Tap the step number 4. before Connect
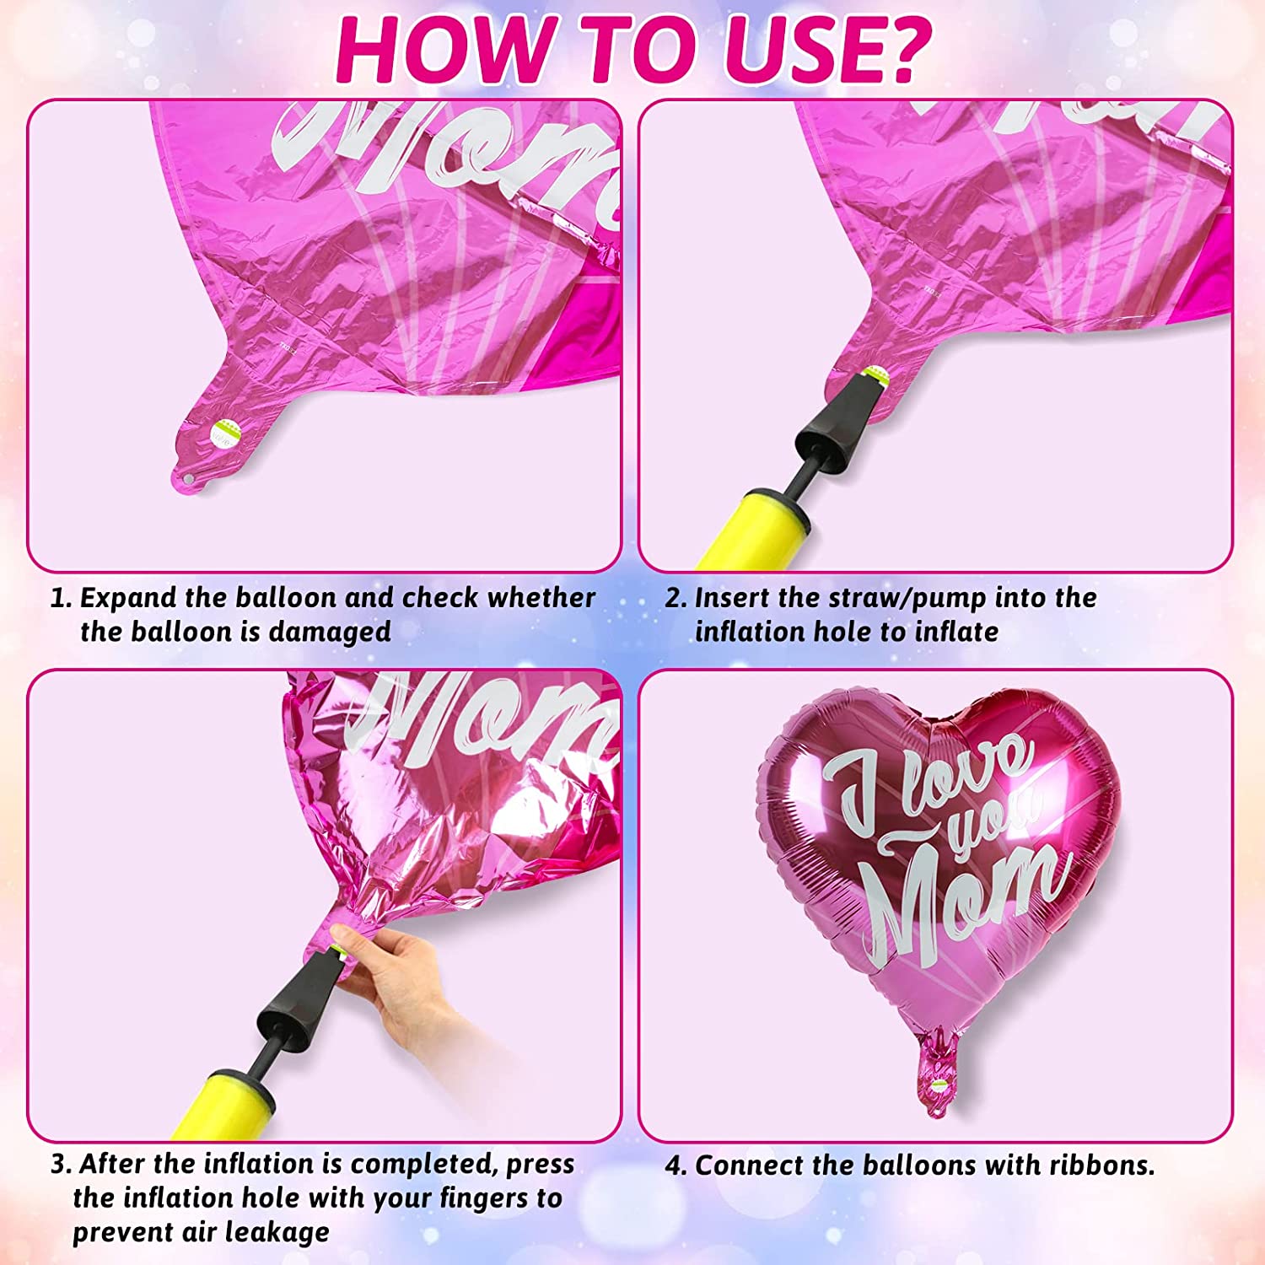click(x=676, y=1165)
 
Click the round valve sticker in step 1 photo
click(x=226, y=434)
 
